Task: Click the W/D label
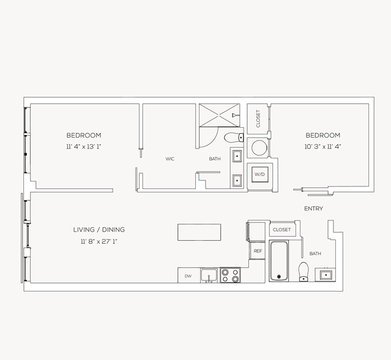[x=259, y=175]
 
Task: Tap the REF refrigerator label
[x=258, y=251]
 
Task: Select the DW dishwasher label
[x=188, y=276]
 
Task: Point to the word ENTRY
[x=313, y=209]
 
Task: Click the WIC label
[x=170, y=159]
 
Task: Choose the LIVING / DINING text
[x=99, y=230]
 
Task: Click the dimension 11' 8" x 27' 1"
[x=99, y=241]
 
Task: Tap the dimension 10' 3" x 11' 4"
[x=322, y=147]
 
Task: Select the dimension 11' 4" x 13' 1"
[x=84, y=147]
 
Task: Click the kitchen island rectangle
[x=199, y=232]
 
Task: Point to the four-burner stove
[x=230, y=275]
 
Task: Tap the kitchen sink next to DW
[x=209, y=275]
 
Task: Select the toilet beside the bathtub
[x=303, y=271]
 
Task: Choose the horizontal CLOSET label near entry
[x=282, y=230]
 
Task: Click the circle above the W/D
[x=259, y=149]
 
